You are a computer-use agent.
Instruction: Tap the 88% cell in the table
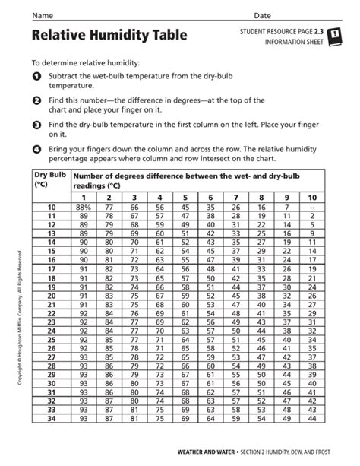coord(84,207)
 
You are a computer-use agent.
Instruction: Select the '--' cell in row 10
coord(311,207)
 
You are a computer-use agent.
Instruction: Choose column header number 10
coord(311,196)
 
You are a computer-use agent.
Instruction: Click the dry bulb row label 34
coord(52,417)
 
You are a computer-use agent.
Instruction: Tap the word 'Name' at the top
coord(42,15)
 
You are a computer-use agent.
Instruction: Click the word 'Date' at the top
coord(263,15)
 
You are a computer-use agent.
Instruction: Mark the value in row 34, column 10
coord(311,417)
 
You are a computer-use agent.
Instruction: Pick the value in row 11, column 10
coord(311,215)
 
